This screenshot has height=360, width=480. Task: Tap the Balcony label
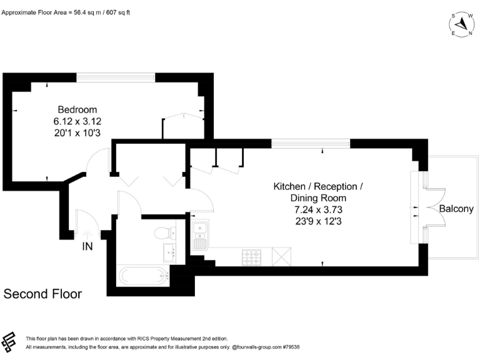456,209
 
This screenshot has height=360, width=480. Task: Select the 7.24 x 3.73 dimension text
318,209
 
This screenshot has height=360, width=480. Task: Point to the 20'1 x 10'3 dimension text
77,132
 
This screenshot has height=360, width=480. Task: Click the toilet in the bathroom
164,233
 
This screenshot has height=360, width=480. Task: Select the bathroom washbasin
169,253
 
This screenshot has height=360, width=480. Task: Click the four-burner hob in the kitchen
252,256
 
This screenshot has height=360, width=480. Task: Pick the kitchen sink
200,236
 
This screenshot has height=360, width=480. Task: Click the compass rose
461,23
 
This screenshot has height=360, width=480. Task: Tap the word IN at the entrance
87,247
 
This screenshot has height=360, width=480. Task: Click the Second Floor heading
42,294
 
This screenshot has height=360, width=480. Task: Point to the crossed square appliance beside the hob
282,256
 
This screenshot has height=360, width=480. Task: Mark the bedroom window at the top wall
116,77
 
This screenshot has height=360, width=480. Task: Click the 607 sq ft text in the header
117,12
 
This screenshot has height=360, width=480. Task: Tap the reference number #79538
291,346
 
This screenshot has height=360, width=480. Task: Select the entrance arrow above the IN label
87,233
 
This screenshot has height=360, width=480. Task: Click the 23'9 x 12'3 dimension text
318,221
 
